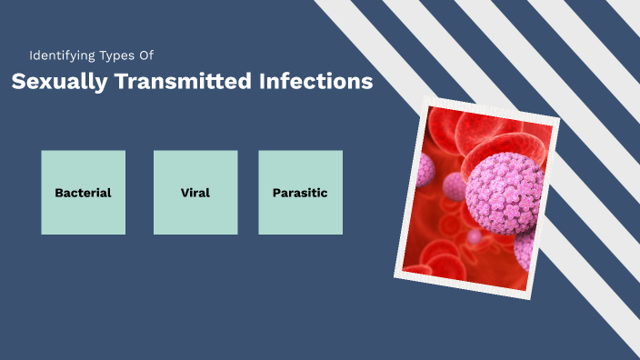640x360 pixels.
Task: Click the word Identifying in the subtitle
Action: point(60,55)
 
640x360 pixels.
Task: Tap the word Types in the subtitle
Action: point(115,55)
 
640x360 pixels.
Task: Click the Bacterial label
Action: point(83,193)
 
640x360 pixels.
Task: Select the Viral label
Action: point(195,193)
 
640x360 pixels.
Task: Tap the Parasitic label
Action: point(300,193)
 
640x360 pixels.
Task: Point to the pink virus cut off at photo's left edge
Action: point(425,170)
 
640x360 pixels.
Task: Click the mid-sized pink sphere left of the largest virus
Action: point(455,186)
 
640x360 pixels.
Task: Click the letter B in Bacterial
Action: point(58,193)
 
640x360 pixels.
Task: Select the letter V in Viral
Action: point(185,193)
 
